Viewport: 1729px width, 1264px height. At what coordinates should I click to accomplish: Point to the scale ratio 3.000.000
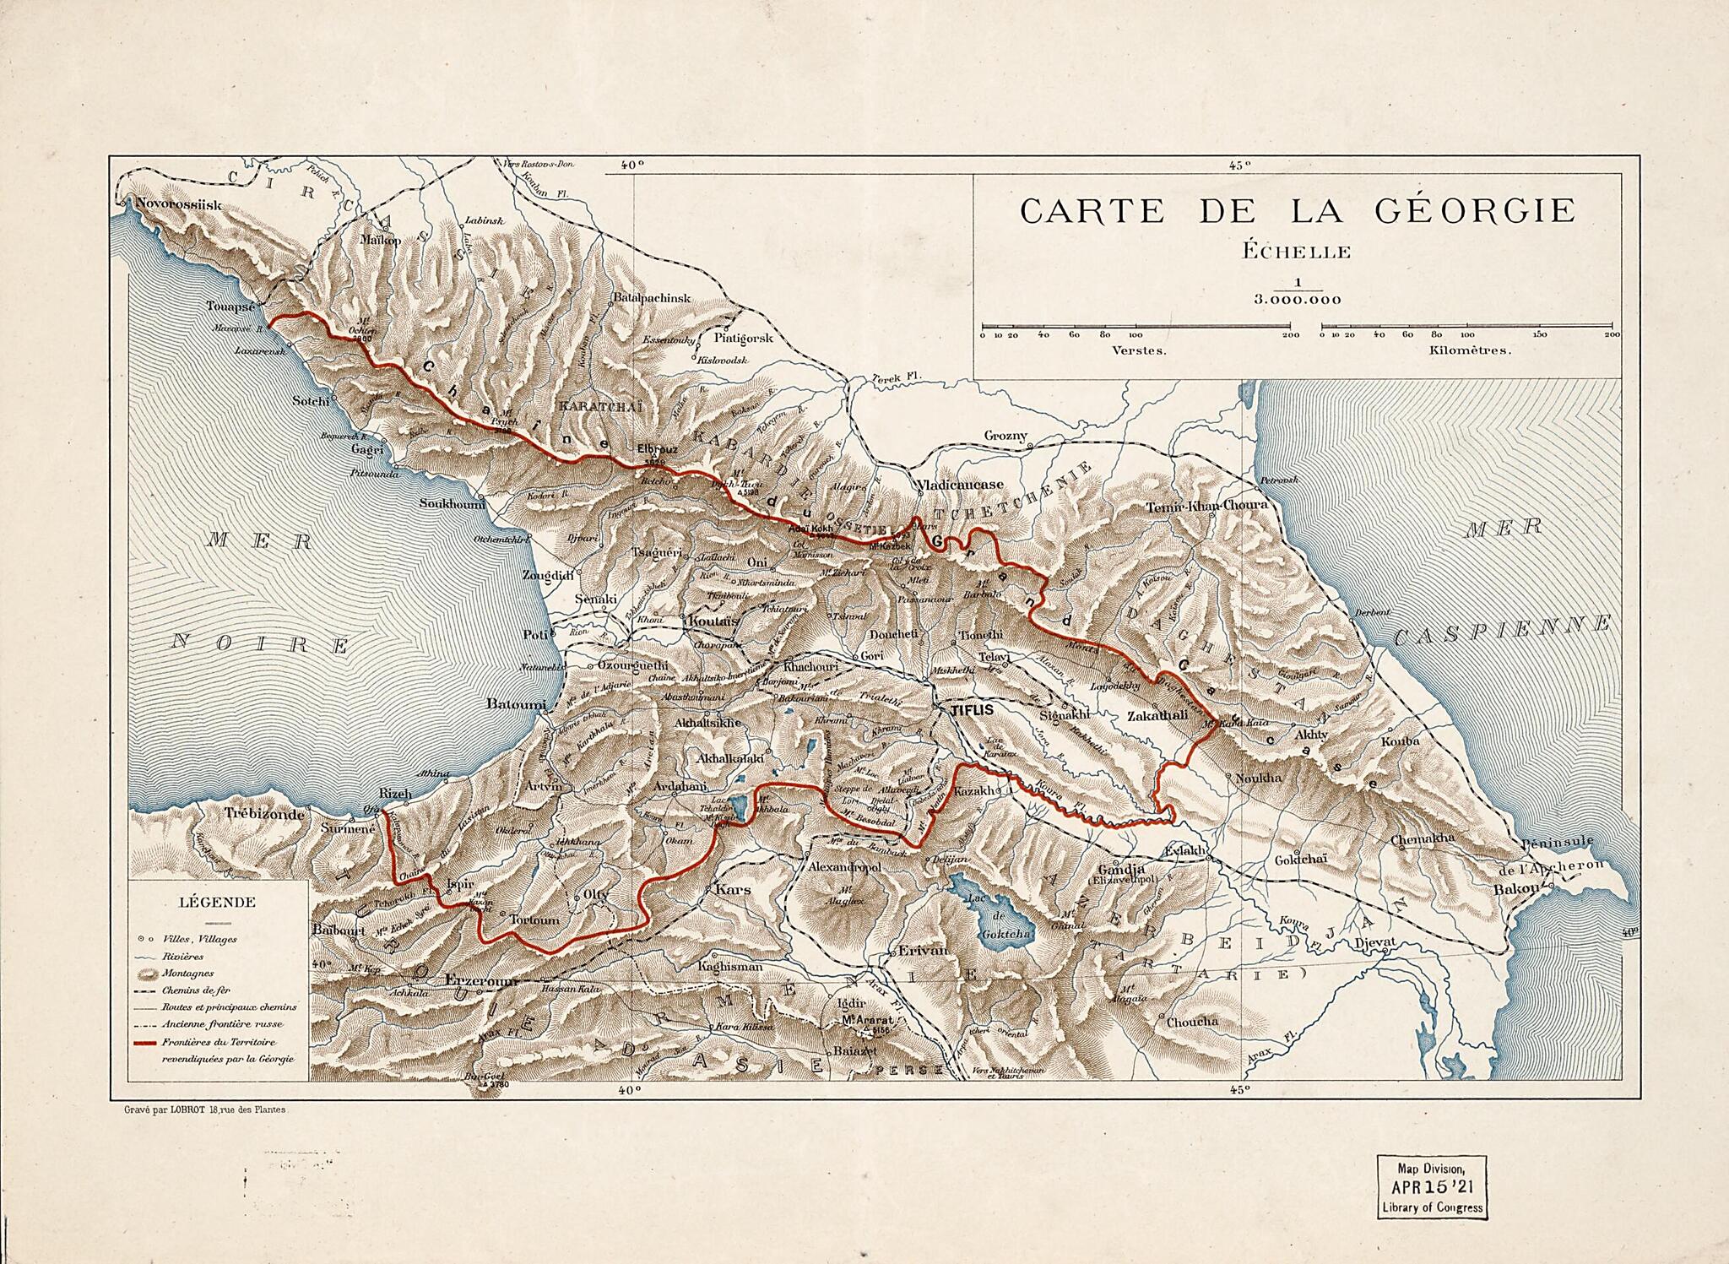pyautogui.click(x=1297, y=300)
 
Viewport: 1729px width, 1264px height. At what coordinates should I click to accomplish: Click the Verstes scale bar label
pyautogui.click(x=1140, y=350)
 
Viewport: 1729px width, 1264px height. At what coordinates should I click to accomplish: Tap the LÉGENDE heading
pyautogui.click(x=217, y=902)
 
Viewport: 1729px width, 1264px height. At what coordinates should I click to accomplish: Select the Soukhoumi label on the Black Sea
pyautogui.click(x=453, y=504)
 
